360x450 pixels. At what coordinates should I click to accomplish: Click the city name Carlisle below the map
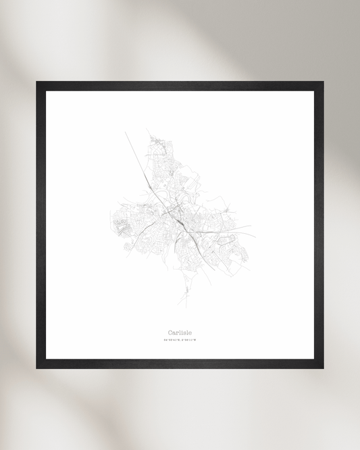point(180,332)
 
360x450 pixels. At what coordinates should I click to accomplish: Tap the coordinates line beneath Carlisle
point(180,341)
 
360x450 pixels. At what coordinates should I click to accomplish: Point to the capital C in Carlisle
point(170,332)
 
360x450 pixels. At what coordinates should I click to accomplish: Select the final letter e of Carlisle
point(190,332)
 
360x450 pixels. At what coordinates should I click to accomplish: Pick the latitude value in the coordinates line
point(172,341)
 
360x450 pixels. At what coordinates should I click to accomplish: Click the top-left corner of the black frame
point(38,83)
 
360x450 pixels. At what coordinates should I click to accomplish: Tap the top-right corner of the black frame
point(322,83)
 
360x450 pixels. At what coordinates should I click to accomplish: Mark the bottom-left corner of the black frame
point(38,367)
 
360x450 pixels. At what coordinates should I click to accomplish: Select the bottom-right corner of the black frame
point(322,367)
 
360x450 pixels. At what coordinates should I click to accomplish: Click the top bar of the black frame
point(180,86)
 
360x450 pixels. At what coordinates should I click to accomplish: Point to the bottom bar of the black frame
point(180,364)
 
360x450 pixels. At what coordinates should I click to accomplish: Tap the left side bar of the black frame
point(41,225)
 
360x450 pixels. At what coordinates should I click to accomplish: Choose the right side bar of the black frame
point(319,225)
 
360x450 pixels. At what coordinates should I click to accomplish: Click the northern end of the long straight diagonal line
point(126,132)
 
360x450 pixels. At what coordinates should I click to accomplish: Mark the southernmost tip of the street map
point(180,305)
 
